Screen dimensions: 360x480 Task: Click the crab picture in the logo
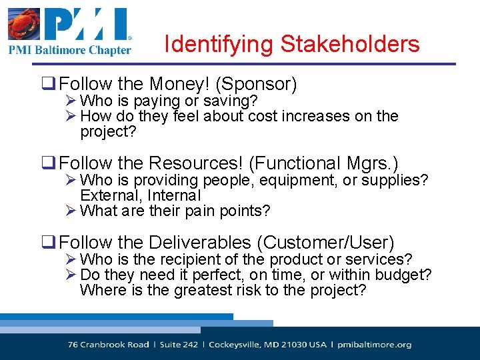tap(23, 25)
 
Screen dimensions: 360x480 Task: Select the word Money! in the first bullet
tap(179, 85)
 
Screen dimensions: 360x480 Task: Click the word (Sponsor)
tap(257, 85)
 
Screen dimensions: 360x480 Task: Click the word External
tap(107, 195)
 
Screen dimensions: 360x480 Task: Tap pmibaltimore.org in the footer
tap(375, 345)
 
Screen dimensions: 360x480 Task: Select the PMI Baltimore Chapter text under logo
tap(69, 50)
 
